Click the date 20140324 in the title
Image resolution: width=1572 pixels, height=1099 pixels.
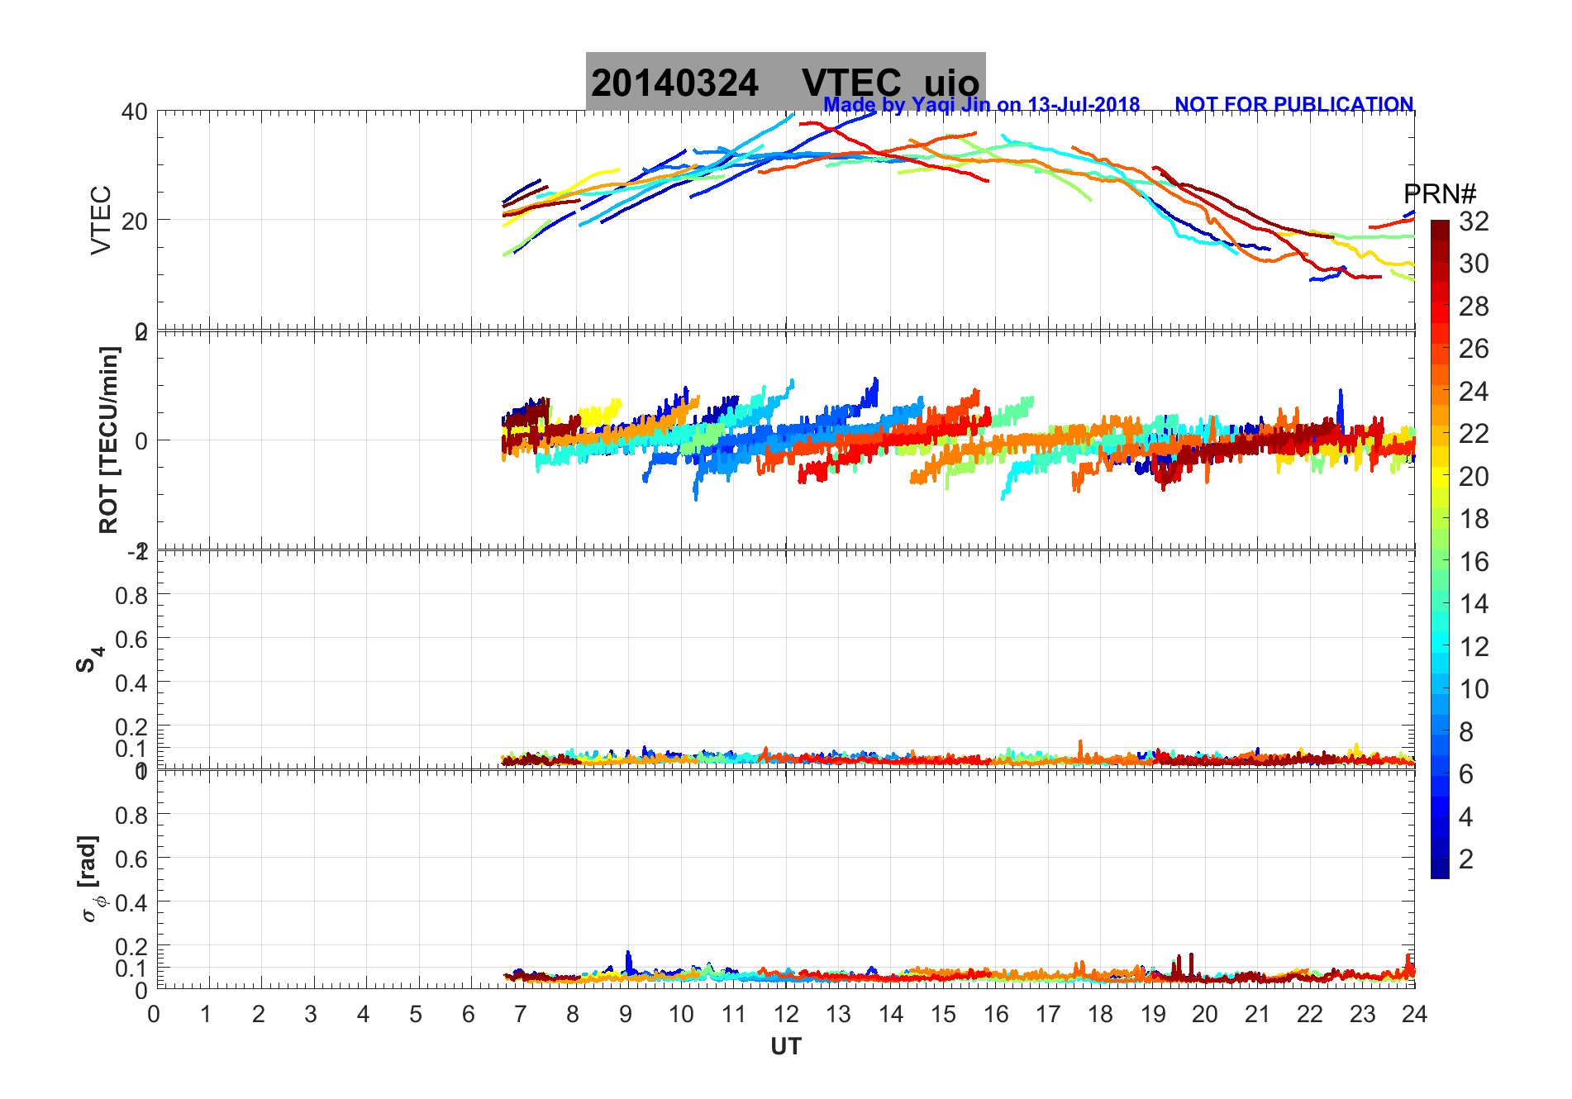tap(674, 83)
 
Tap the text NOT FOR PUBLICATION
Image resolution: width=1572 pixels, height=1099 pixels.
tap(1293, 105)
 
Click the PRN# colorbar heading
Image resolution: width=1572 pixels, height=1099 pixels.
tap(1439, 195)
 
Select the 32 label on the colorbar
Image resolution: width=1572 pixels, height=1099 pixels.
tap(1474, 221)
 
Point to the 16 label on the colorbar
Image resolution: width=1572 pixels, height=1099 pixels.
tap(1474, 562)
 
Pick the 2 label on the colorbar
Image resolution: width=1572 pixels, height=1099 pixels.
tap(1466, 859)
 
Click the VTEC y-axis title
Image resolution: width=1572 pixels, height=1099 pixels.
tap(101, 220)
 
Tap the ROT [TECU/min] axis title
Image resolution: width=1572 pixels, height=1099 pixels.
tap(108, 440)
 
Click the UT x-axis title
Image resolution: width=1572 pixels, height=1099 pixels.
tap(786, 1047)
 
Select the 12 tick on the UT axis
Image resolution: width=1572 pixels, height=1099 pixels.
tap(786, 1014)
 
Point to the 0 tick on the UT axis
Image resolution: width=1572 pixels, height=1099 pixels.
tap(154, 1014)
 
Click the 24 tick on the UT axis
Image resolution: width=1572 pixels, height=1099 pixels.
tap(1414, 1014)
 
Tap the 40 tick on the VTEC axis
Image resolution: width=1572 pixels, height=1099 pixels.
tap(135, 112)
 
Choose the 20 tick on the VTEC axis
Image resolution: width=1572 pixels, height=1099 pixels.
tap(135, 221)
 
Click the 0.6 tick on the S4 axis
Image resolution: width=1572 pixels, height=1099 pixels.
tap(131, 639)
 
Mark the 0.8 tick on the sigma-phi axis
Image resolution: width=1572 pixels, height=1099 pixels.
tap(131, 816)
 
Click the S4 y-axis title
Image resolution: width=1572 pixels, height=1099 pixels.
tap(89, 659)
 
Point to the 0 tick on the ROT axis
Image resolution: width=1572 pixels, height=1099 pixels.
tap(141, 440)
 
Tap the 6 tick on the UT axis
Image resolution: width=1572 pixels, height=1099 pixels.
tap(469, 1014)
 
